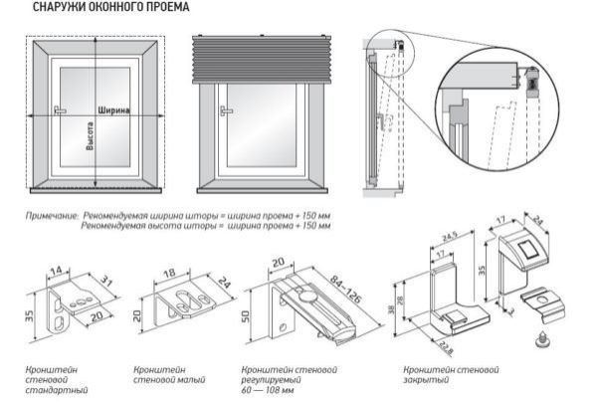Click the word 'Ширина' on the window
click(x=115, y=111)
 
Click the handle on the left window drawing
click(x=60, y=111)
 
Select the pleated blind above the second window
click(x=263, y=60)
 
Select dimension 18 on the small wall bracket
click(x=169, y=270)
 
